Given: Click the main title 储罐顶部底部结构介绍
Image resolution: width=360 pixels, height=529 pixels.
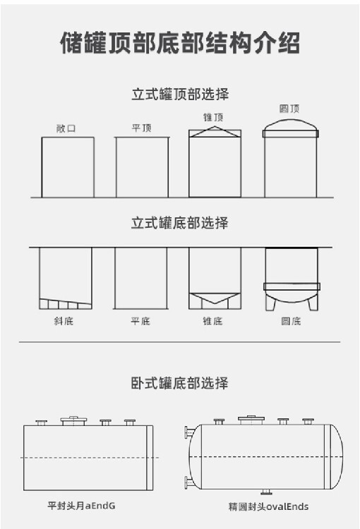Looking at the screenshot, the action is pyautogui.click(x=180, y=43).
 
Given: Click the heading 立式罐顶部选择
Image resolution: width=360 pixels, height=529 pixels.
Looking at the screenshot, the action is pyautogui.click(x=180, y=94).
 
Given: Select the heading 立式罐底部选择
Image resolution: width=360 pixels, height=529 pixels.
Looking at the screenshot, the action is pyautogui.click(x=180, y=223).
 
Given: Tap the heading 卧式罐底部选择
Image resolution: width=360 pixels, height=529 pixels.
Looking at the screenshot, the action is pyautogui.click(x=180, y=383).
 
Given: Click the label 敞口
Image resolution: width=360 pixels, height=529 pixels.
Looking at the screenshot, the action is pyautogui.click(x=66, y=128).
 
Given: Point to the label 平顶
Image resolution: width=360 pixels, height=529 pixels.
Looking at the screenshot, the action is pyautogui.click(x=141, y=128).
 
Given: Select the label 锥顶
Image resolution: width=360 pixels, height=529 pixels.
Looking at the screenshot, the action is pyautogui.click(x=213, y=117).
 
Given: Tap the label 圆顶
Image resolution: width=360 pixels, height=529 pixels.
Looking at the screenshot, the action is pyautogui.click(x=289, y=109).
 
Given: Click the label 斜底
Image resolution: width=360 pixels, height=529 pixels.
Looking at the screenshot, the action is pyautogui.click(x=64, y=321).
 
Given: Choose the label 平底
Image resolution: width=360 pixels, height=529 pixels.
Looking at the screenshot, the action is pyautogui.click(x=140, y=321).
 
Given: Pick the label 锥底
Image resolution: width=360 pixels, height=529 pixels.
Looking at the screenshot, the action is pyautogui.click(x=212, y=321).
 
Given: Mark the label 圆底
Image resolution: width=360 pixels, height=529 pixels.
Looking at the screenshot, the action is pyautogui.click(x=291, y=321).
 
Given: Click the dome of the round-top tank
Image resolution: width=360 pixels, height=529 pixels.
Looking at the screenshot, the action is pyautogui.click(x=290, y=121).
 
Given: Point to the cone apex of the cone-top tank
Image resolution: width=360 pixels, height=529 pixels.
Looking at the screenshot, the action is pyautogui.click(x=215, y=127).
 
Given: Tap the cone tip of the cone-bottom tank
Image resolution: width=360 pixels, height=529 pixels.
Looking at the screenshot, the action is pyautogui.click(x=215, y=303).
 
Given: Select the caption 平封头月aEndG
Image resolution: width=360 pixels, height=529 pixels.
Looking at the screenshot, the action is pyautogui.click(x=81, y=506).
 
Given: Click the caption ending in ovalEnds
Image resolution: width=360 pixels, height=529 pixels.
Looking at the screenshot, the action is pyautogui.click(x=268, y=506).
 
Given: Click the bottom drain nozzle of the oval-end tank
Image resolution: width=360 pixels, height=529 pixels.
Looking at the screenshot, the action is pyautogui.click(x=267, y=492).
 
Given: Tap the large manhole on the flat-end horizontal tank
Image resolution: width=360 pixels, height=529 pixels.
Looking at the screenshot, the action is pyautogui.click(x=73, y=420).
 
